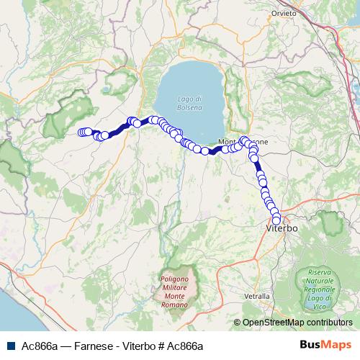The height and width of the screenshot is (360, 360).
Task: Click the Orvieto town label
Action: (x=284, y=13)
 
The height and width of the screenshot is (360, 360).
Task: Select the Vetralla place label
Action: (x=257, y=296)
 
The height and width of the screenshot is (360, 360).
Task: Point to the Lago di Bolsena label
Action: (x=192, y=103)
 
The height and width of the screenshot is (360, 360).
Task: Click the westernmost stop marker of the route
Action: (x=81, y=132)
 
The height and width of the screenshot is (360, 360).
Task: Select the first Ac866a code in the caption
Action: (x=40, y=346)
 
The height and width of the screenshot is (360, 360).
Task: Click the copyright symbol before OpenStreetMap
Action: (x=238, y=323)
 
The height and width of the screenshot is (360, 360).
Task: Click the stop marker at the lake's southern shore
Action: (x=204, y=150)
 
